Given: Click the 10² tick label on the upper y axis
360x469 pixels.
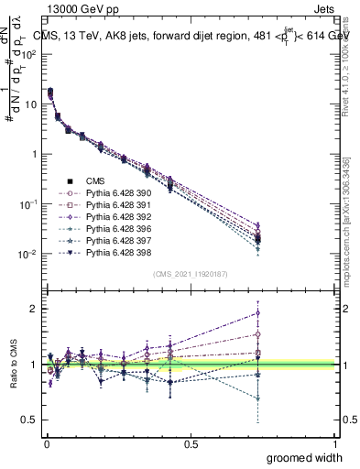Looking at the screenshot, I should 28,54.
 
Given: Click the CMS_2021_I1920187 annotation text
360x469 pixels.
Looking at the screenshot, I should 191,274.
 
